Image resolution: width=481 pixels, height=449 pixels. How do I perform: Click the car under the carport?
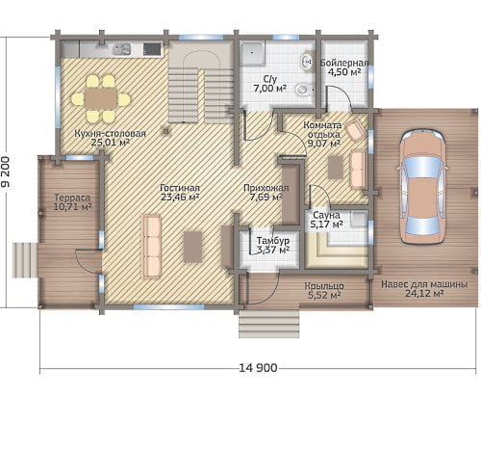point(422,187)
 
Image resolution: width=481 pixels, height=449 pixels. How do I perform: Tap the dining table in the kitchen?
point(101,98)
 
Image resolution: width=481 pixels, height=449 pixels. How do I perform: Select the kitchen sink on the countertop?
point(121,49)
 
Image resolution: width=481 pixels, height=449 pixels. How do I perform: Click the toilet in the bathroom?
point(304,90)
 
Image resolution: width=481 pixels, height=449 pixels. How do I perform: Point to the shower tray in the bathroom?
point(253,54)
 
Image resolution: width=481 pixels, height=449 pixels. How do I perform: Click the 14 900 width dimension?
point(258,367)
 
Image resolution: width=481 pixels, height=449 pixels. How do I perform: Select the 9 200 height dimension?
point(6,172)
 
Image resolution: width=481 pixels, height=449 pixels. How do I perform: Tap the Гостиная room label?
point(180,188)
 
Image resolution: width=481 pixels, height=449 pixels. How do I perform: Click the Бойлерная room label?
point(344,63)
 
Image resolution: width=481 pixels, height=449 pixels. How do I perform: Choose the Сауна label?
point(326,215)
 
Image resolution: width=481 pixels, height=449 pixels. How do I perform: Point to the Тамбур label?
point(273,241)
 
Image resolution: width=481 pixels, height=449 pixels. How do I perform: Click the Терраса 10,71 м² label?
point(72,202)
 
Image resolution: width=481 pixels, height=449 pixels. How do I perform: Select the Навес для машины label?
point(424,284)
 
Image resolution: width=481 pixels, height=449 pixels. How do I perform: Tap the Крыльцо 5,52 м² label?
point(324,290)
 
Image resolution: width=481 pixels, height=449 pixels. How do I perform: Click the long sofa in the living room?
point(152,246)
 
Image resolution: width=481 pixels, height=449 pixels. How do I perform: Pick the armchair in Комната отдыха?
point(355,130)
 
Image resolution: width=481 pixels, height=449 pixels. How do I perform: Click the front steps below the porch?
point(269,324)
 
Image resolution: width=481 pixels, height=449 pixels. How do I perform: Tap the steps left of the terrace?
point(25,260)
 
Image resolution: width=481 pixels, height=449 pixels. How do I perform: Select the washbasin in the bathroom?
point(307,62)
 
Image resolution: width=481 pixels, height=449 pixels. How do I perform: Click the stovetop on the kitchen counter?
point(152,49)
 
